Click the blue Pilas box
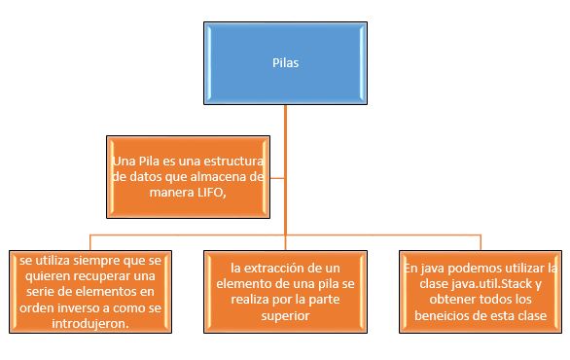pyautogui.click(x=285, y=61)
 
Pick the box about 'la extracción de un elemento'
pyautogui.click(x=284, y=291)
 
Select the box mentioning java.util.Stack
pyautogui.click(x=481, y=291)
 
